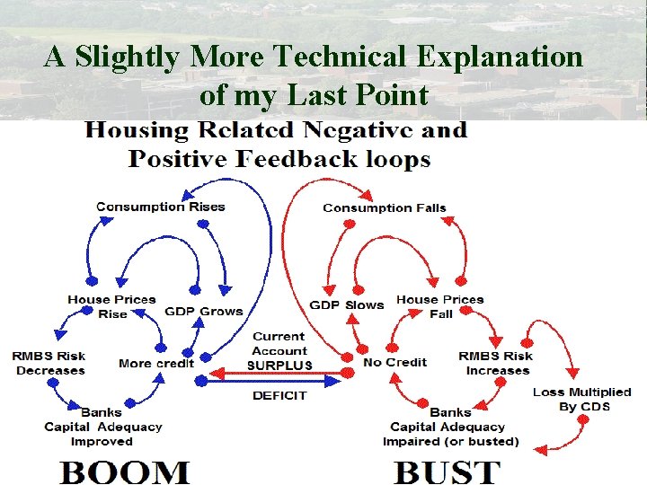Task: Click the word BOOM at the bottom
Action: (x=125, y=471)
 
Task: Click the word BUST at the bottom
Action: (x=448, y=471)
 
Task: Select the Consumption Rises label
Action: (x=160, y=207)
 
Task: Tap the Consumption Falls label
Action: (x=384, y=207)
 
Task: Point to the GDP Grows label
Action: (x=204, y=311)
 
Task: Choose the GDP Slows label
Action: (x=347, y=304)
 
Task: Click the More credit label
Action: (x=155, y=363)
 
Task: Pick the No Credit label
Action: (x=394, y=363)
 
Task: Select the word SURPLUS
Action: (x=279, y=366)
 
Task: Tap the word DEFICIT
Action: (x=279, y=395)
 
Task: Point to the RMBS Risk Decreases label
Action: (x=49, y=363)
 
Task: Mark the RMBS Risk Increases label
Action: (x=496, y=363)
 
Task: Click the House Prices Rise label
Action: (x=112, y=306)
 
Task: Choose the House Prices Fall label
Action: (x=440, y=306)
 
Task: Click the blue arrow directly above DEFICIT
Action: (x=270, y=381)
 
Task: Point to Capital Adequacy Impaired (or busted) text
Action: (x=450, y=434)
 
